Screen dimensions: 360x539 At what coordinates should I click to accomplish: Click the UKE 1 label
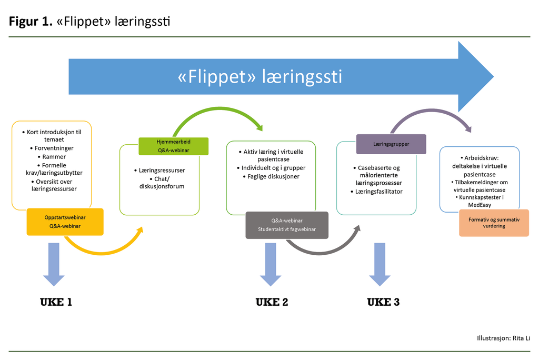[56, 302]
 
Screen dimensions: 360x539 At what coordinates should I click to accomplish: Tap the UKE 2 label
[272, 302]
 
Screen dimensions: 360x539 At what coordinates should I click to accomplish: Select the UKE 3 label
[383, 302]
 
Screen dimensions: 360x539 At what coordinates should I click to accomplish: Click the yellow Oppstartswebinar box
[65, 222]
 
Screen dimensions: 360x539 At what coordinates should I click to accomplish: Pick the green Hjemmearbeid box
[173, 146]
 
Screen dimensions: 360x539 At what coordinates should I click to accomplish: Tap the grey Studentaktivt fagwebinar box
[287, 225]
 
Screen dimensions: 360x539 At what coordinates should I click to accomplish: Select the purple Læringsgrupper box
[391, 144]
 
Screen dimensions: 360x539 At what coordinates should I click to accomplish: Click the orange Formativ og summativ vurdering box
[494, 223]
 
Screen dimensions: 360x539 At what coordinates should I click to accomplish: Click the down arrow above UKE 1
[54, 263]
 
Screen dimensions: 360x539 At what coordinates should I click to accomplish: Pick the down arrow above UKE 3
[380, 263]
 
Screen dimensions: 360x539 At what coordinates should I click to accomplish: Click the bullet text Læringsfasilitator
[380, 192]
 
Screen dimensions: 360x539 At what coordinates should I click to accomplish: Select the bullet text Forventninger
[54, 148]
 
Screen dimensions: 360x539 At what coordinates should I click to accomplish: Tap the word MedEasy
[479, 205]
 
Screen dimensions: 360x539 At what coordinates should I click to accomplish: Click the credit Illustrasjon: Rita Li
[503, 338]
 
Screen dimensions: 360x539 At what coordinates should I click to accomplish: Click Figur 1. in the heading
[30, 22]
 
